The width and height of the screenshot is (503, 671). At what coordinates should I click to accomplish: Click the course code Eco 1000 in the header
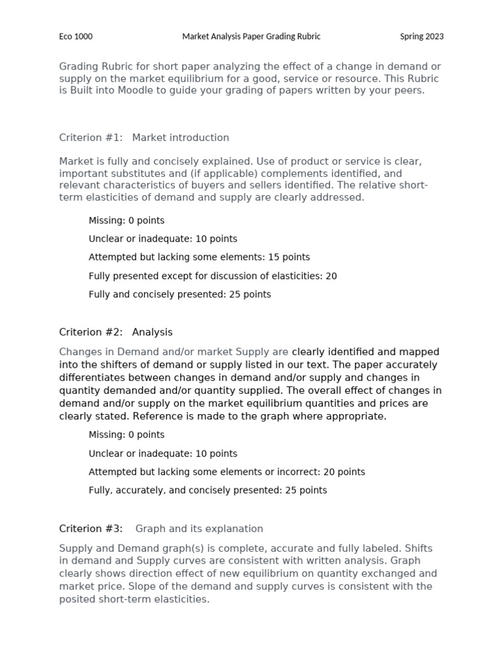[76, 37]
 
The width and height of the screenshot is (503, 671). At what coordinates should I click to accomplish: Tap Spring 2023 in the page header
[422, 37]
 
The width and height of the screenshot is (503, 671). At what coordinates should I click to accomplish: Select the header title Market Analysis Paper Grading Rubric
[251, 37]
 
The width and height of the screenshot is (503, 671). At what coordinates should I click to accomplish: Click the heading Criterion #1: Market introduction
[144, 138]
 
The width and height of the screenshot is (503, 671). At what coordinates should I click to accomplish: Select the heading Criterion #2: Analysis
[116, 332]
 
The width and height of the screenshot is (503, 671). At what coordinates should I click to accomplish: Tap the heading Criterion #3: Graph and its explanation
[161, 529]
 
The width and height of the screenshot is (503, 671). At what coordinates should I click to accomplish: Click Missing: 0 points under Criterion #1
[126, 220]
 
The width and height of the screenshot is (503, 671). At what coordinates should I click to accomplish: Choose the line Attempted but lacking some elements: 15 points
[199, 258]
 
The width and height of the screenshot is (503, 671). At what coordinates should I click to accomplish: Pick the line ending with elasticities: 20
[213, 276]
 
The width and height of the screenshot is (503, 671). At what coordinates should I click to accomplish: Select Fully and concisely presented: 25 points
[179, 294]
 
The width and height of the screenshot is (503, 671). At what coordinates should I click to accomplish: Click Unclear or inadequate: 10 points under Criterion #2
[163, 453]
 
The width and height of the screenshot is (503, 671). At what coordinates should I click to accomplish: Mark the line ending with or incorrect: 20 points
[227, 472]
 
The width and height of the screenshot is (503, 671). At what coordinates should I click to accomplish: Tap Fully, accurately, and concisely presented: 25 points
[208, 490]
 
